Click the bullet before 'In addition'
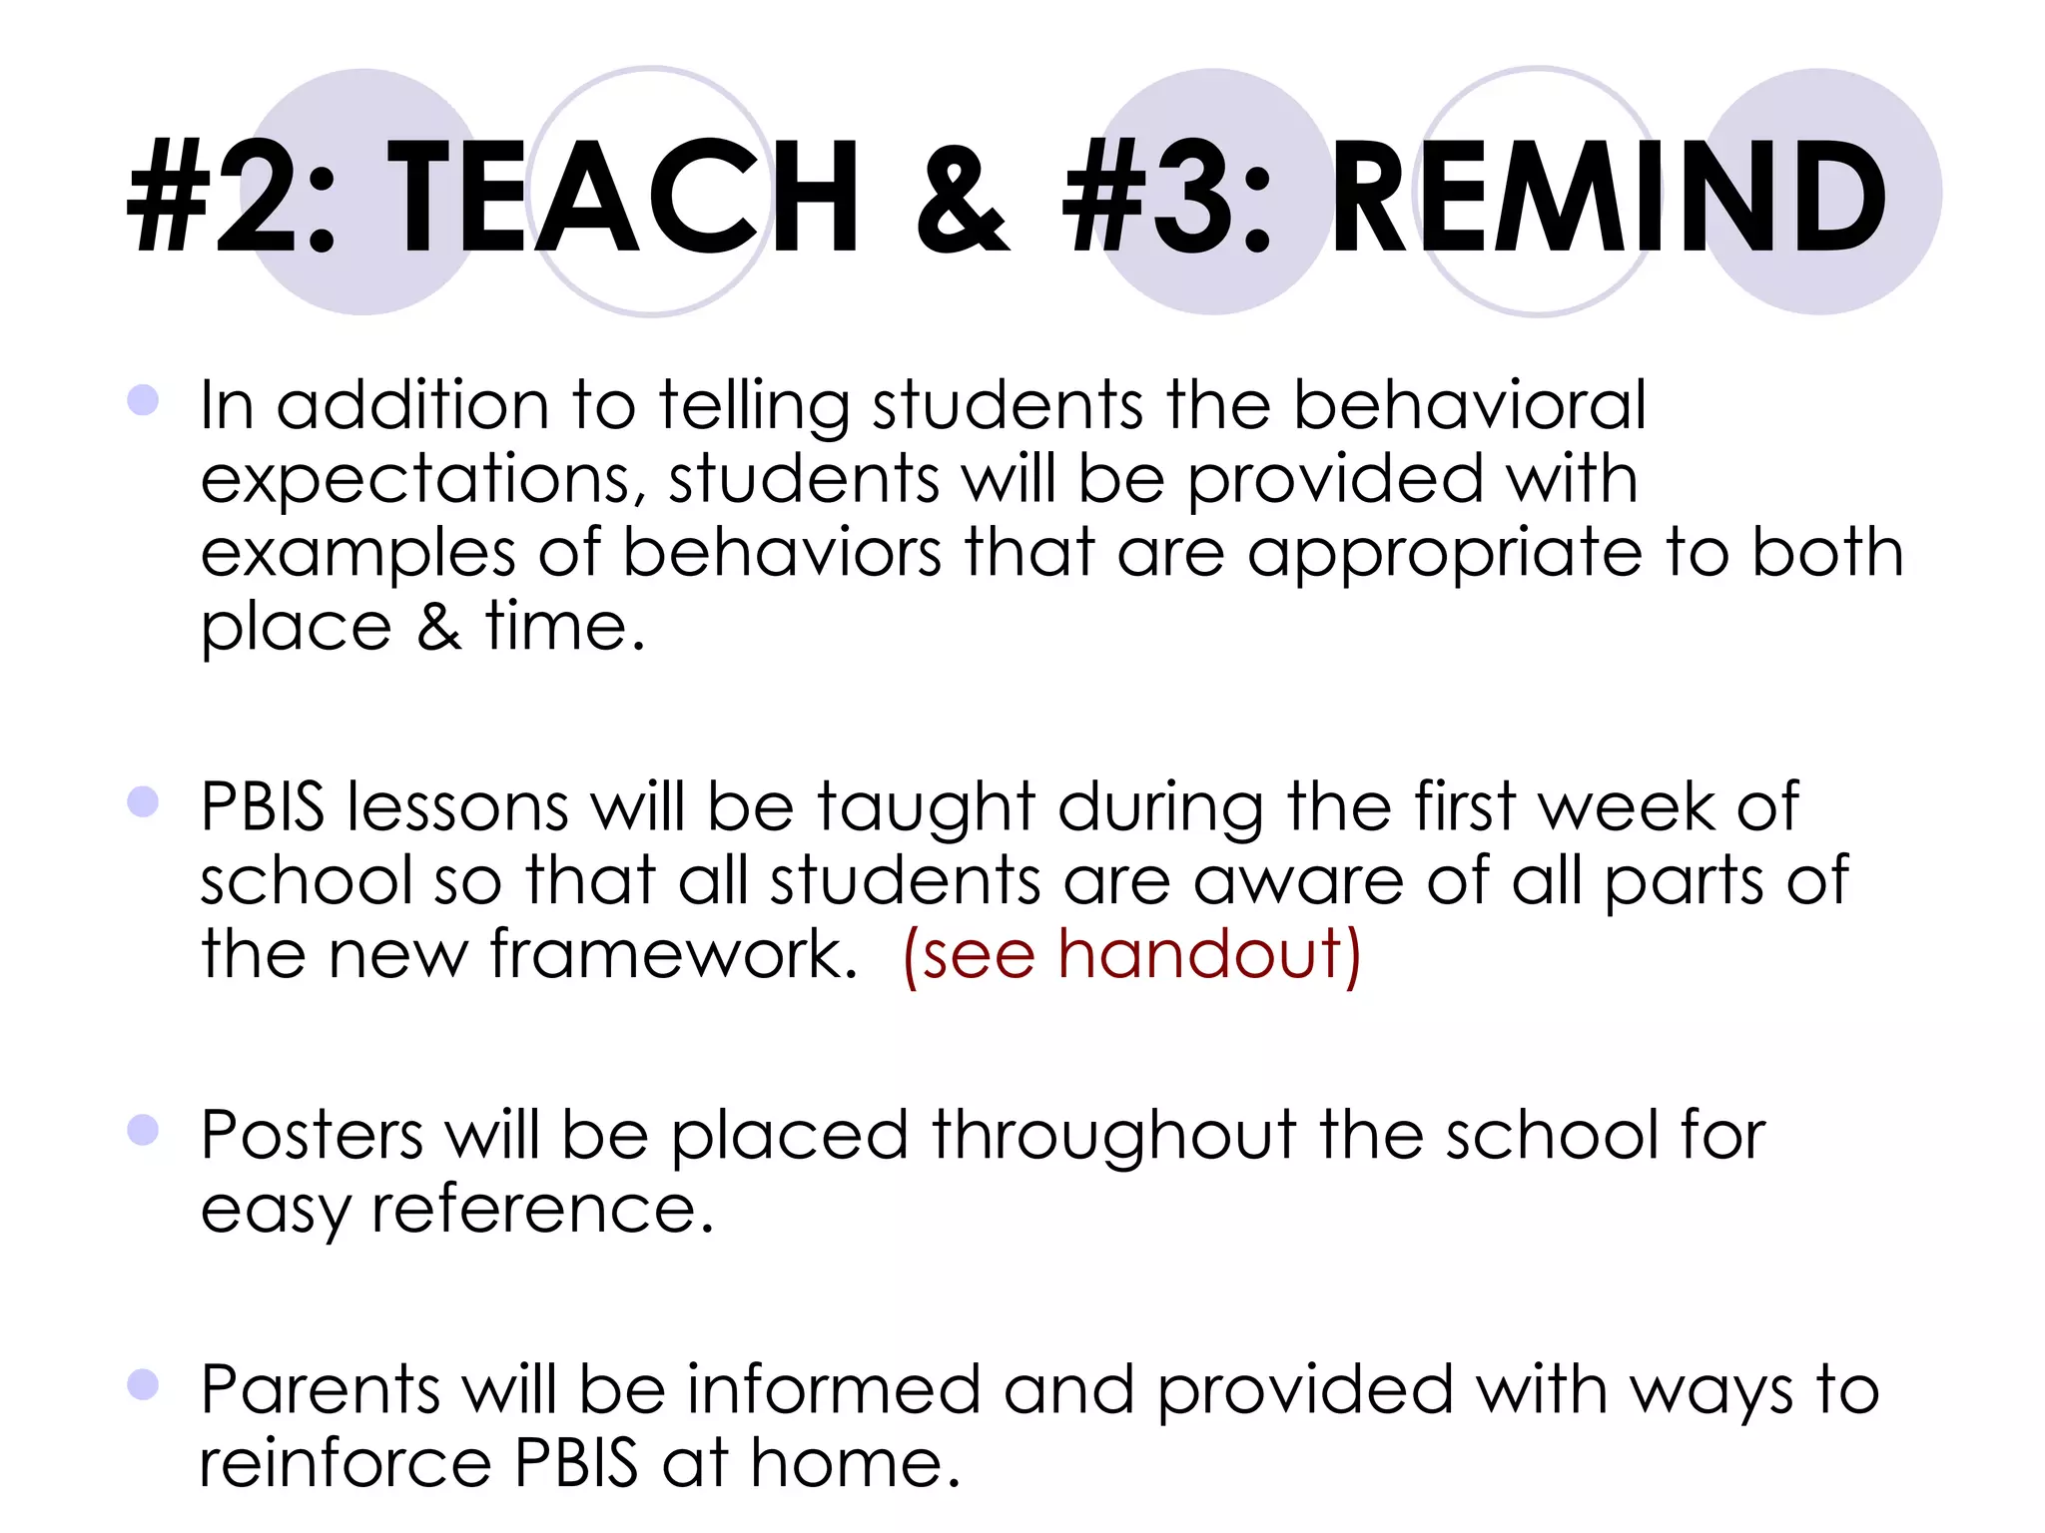pyautogui.click(x=144, y=400)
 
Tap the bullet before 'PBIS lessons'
pyautogui.click(x=144, y=801)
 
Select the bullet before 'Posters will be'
pyautogui.click(x=144, y=1130)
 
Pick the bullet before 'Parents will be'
pyautogui.click(x=144, y=1384)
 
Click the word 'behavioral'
pyautogui.click(x=1469, y=405)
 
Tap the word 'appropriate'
pyautogui.click(x=1444, y=555)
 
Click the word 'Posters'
pyautogui.click(x=313, y=1135)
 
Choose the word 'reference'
pyautogui.click(x=542, y=1209)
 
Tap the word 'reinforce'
pyautogui.click(x=345, y=1463)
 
